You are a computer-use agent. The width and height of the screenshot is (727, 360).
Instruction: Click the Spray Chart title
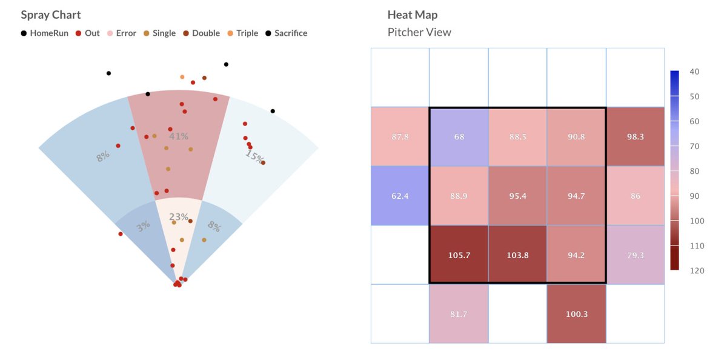click(50, 15)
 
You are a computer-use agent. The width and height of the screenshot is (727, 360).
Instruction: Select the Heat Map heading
click(412, 15)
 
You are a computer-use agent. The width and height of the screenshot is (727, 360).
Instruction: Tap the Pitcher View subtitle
click(419, 32)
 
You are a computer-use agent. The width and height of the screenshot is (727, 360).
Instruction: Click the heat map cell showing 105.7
click(459, 255)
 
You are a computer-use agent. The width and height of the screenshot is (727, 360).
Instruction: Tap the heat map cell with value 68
click(459, 137)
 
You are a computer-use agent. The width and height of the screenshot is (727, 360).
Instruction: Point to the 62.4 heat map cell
click(400, 196)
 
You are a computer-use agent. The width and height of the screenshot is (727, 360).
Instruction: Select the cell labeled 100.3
click(576, 314)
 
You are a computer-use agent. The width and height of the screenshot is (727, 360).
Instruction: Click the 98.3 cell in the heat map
click(635, 137)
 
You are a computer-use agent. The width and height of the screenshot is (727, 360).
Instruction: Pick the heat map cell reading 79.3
click(635, 255)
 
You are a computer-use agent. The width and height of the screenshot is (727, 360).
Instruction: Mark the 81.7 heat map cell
click(459, 314)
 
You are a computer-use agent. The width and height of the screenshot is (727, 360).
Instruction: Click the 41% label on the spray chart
click(179, 136)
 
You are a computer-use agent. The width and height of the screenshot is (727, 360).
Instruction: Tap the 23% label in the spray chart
click(179, 217)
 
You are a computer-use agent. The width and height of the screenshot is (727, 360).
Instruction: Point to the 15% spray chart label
click(254, 157)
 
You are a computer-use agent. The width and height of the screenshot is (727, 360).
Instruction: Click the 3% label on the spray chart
click(143, 227)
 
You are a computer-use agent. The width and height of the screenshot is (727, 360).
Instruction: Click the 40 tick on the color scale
click(695, 72)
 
